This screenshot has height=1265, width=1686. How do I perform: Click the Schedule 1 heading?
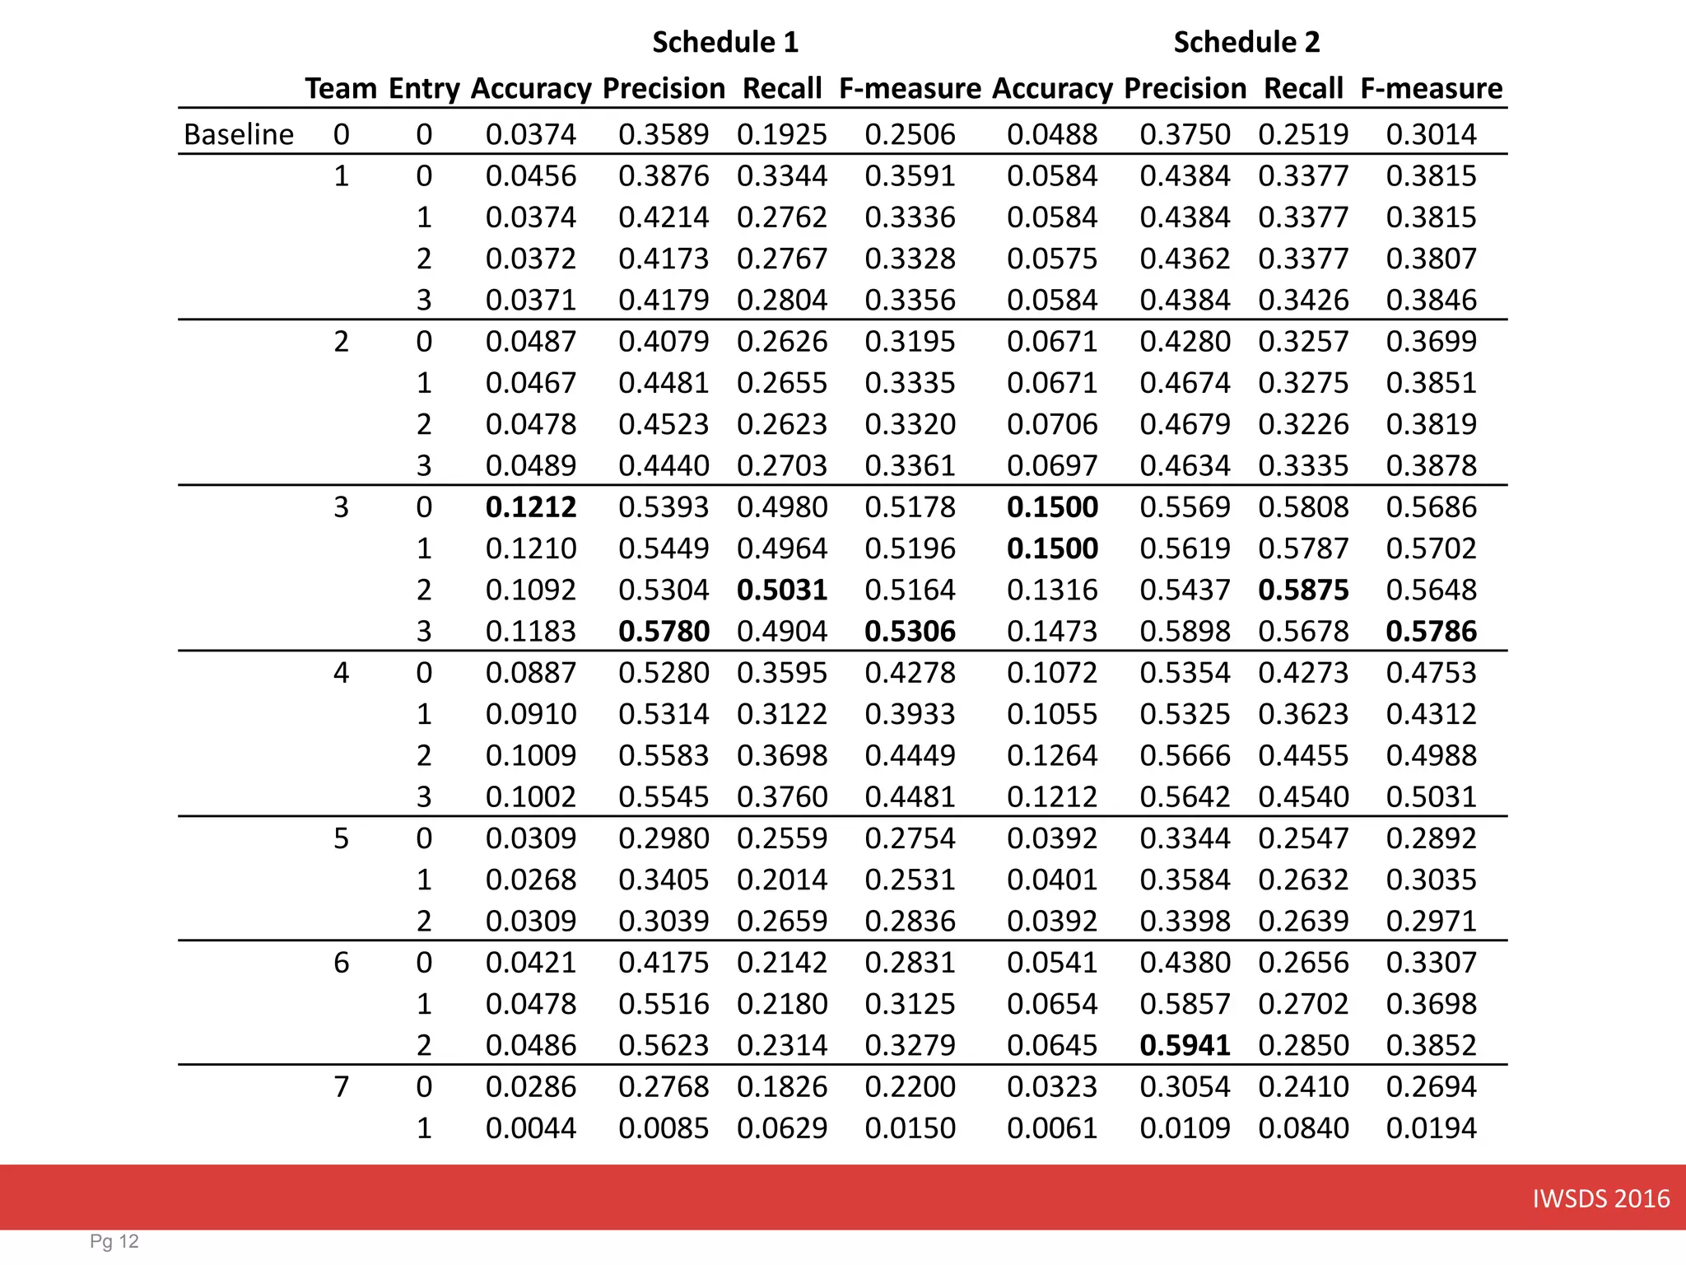point(725,42)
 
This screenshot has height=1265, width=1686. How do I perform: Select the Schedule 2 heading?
point(1246,42)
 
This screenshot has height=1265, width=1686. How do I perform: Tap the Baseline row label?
point(238,134)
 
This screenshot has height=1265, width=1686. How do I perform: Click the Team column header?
point(341,88)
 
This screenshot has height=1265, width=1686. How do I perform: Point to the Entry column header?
point(424,88)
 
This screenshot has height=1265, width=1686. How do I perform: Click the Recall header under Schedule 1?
point(782,88)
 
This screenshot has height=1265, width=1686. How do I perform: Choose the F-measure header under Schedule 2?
point(1431,88)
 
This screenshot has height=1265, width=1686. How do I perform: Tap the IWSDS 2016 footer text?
point(1600,1198)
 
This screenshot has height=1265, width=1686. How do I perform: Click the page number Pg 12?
point(114,1242)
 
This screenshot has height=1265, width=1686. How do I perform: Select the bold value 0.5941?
point(1185,1045)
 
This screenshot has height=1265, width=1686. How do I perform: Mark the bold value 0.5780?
point(664,631)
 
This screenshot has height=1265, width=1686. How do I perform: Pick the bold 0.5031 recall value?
point(782,590)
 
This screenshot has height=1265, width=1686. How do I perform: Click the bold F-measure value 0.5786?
point(1431,631)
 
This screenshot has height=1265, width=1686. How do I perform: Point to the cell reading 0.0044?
point(531,1127)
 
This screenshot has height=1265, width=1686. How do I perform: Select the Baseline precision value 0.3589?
point(664,134)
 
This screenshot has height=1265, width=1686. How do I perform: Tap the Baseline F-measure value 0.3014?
point(1431,134)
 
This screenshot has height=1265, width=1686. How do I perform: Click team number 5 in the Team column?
point(341,838)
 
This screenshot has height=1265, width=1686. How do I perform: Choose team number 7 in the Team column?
point(341,1086)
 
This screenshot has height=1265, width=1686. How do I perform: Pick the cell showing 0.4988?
point(1431,755)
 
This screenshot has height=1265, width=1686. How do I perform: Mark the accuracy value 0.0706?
point(1052,424)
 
